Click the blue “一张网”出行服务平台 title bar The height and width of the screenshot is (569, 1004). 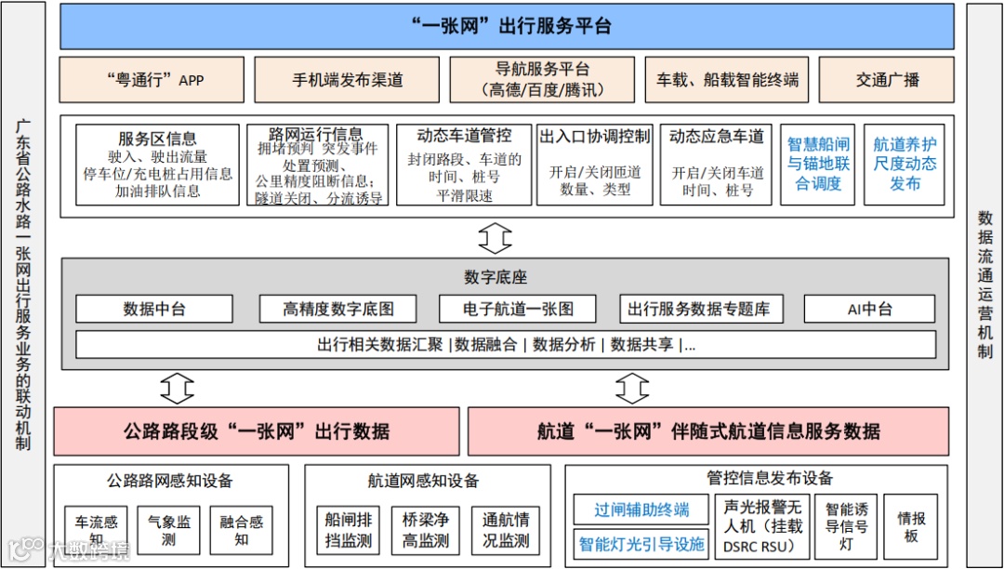click(507, 26)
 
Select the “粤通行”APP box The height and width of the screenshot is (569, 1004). click(152, 80)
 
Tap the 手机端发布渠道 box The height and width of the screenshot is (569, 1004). click(347, 80)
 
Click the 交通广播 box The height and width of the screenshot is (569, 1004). click(887, 80)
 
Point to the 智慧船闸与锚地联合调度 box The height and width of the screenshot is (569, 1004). click(817, 165)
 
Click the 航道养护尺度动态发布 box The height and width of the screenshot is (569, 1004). click(904, 165)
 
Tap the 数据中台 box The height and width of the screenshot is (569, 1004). click(153, 309)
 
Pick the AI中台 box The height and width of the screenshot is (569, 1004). click(869, 309)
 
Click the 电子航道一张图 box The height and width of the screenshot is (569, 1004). click(519, 309)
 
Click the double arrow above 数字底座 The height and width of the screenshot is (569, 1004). click(495, 238)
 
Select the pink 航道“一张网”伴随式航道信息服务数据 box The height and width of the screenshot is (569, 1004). click(708, 431)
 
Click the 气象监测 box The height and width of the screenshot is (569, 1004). click(168, 530)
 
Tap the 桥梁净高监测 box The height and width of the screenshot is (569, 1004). click(426, 530)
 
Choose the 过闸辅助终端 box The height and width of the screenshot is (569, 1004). click(641, 509)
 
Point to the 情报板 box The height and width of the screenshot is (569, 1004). click(910, 527)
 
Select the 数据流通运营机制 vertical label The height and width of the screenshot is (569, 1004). click(984, 284)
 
